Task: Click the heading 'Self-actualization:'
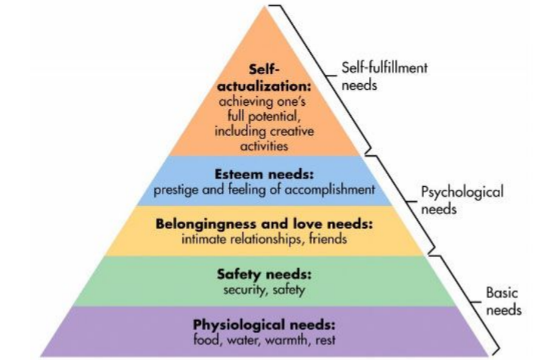(x=264, y=78)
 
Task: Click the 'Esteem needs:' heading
(x=264, y=174)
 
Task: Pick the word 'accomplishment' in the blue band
(x=330, y=190)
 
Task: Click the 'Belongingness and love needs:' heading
(x=264, y=224)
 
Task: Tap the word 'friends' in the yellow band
(x=328, y=239)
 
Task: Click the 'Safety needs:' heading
(x=264, y=274)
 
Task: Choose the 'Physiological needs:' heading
(x=264, y=324)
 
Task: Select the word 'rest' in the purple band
(x=325, y=340)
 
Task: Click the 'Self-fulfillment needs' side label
(x=384, y=76)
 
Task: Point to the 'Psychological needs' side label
(x=462, y=200)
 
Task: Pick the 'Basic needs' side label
(x=504, y=301)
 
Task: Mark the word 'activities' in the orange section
(x=264, y=146)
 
